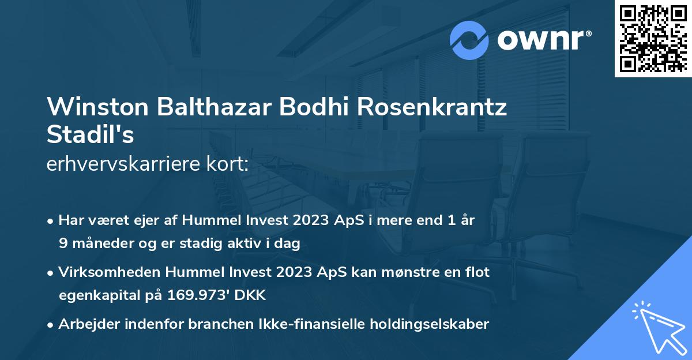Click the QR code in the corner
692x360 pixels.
(653, 39)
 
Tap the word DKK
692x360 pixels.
(251, 295)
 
